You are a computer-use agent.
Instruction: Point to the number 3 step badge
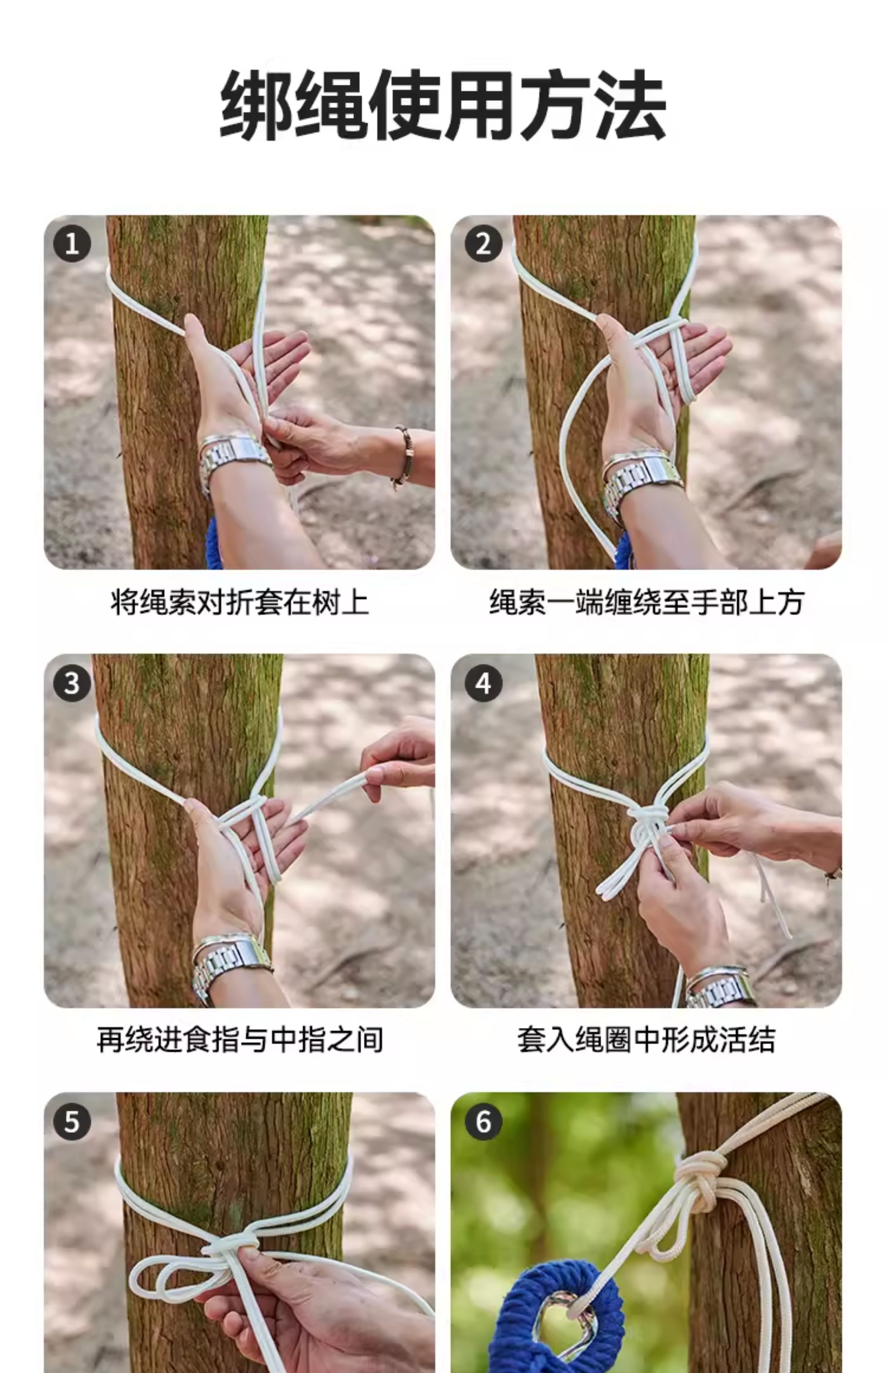click(x=72, y=683)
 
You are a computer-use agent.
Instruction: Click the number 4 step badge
click(x=483, y=683)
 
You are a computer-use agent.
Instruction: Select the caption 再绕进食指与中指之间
click(x=240, y=1040)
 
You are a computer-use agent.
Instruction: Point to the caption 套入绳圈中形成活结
click(x=646, y=1040)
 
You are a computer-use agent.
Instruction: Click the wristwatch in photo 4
click(x=720, y=987)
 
